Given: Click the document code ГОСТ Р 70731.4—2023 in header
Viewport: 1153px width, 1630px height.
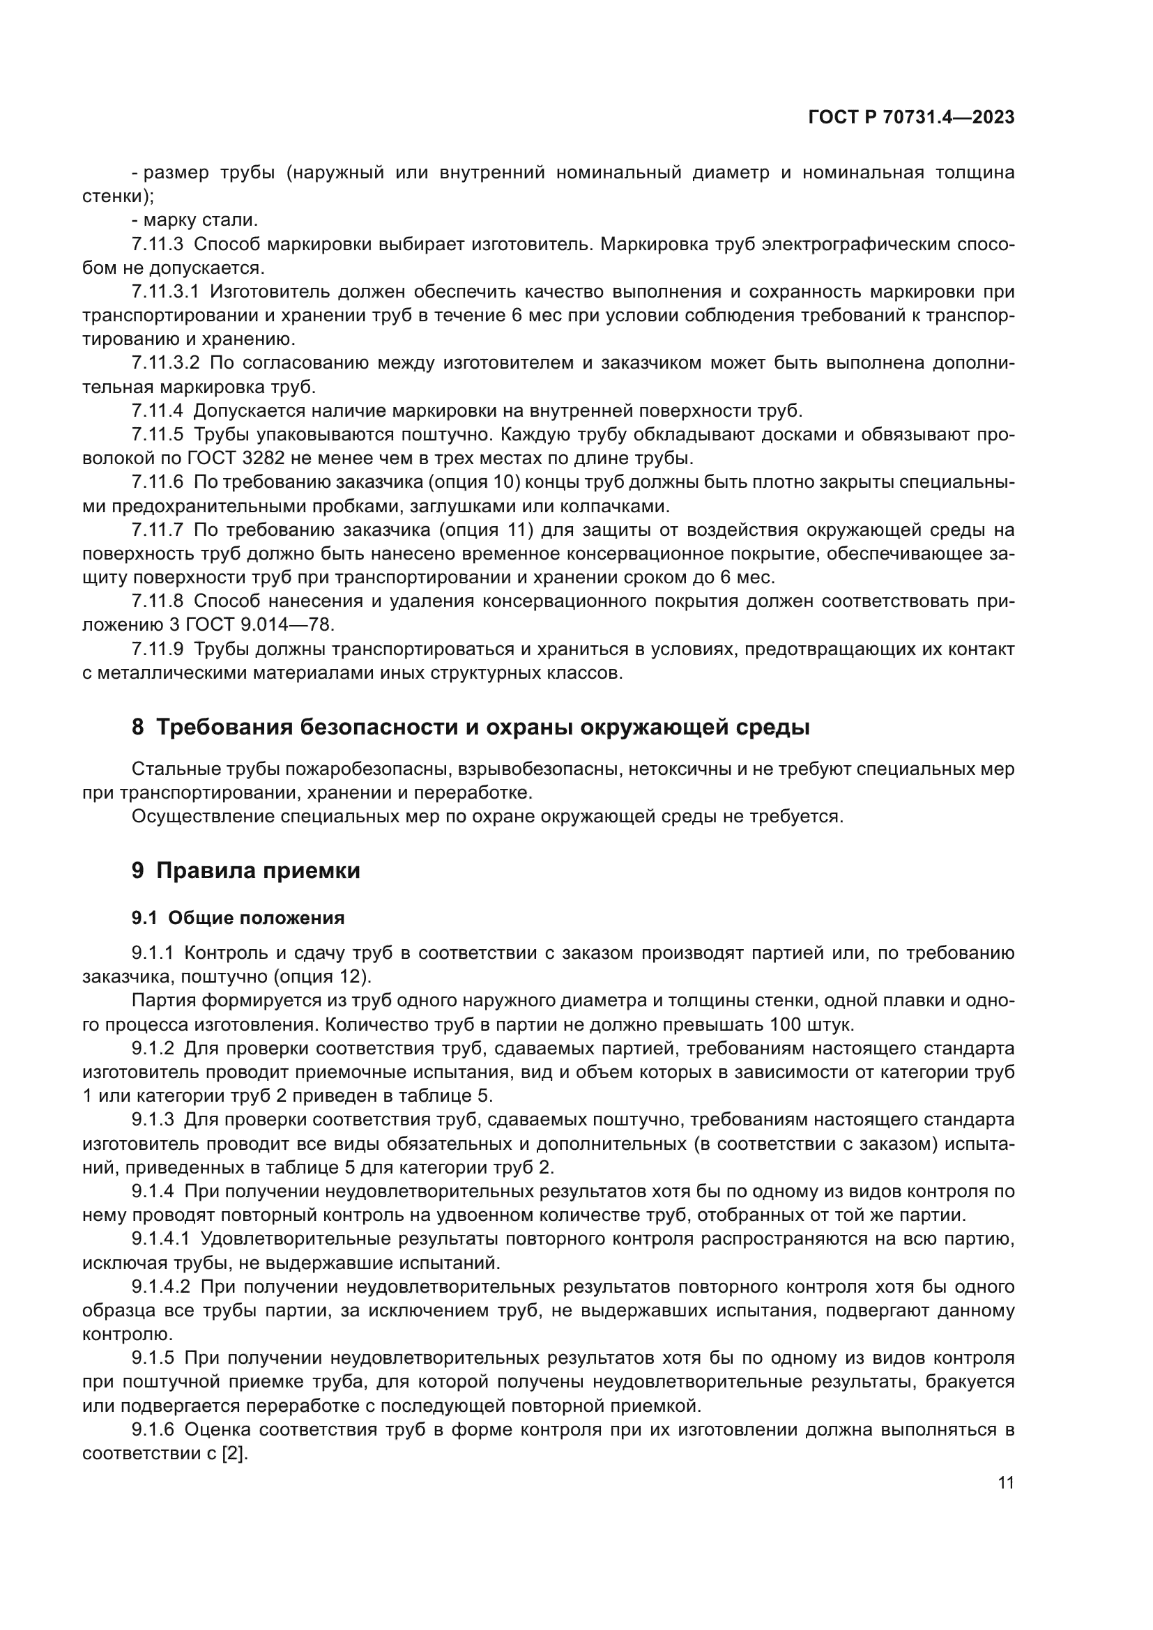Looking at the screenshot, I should point(911,118).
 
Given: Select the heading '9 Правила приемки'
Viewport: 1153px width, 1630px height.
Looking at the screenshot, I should point(245,870).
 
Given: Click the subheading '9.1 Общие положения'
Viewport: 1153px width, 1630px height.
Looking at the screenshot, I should point(238,918).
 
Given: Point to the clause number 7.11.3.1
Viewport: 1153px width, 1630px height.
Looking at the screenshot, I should point(165,292).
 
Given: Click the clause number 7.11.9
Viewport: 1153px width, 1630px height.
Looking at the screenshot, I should point(157,649).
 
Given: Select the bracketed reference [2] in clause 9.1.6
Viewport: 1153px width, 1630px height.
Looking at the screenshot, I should point(234,1453).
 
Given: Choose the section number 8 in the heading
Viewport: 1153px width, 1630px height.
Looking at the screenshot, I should point(138,728).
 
